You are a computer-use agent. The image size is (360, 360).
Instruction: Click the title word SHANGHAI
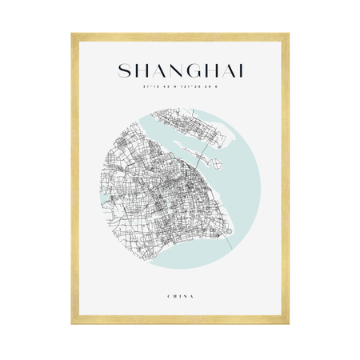click(180, 71)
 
